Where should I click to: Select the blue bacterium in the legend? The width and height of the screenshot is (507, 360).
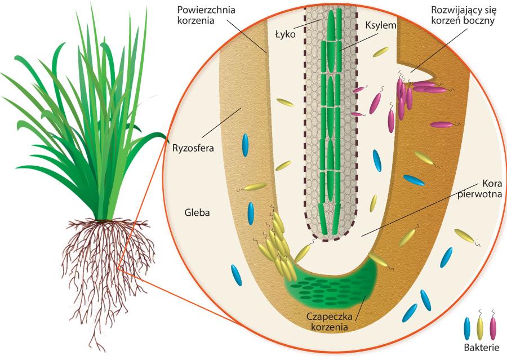click(x=467, y=328)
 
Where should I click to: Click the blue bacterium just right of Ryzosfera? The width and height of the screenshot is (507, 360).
click(x=245, y=145)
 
